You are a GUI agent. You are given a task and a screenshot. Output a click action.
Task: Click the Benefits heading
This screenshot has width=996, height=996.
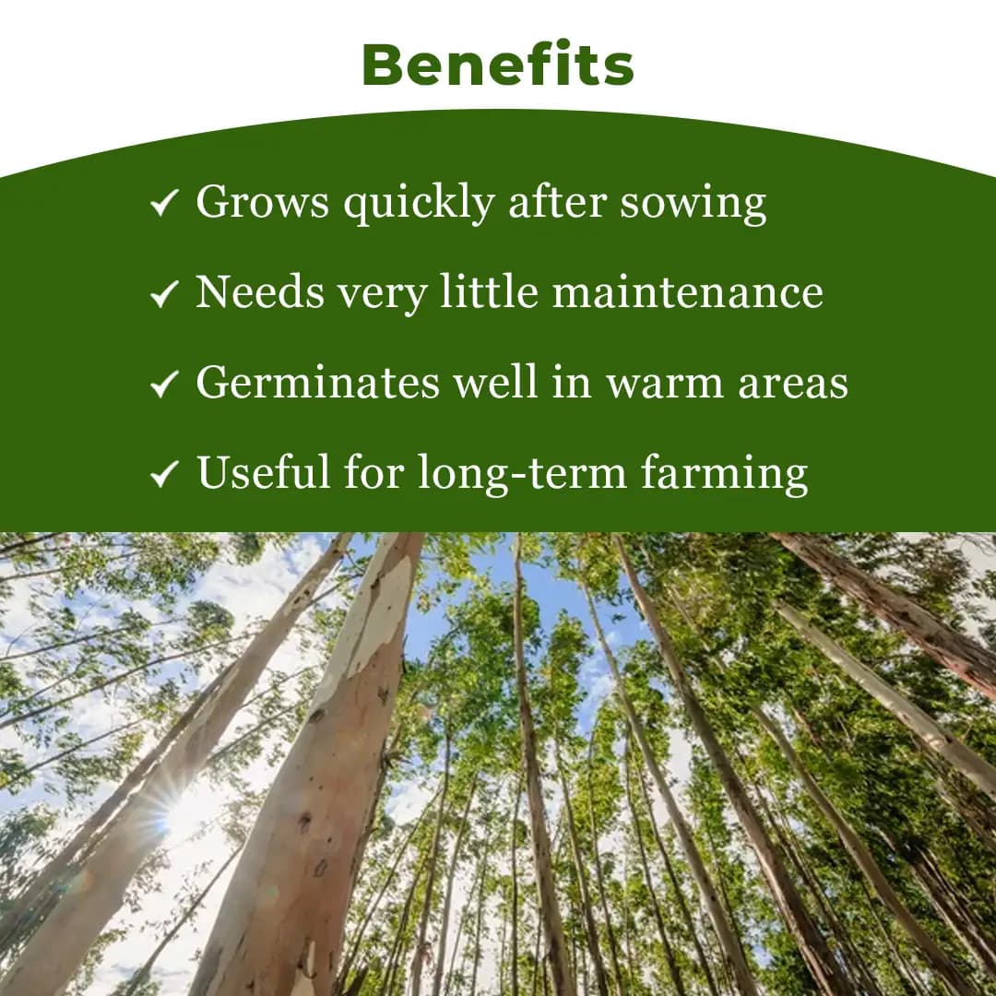tap(498, 65)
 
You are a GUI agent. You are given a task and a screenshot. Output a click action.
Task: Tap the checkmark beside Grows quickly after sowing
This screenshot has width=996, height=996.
tap(163, 204)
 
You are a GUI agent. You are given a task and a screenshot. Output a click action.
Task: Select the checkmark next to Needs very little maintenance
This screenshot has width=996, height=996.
tap(163, 294)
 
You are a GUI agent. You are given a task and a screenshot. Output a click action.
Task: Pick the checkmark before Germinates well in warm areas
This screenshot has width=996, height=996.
tap(163, 385)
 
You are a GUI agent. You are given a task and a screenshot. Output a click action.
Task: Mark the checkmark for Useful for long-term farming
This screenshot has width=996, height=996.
tap(163, 474)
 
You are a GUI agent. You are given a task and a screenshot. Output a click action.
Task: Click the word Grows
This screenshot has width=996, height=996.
tap(262, 203)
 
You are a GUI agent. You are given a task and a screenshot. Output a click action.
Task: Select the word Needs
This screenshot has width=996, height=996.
tap(259, 292)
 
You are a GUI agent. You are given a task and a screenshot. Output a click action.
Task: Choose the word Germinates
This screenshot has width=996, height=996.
tap(318, 383)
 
